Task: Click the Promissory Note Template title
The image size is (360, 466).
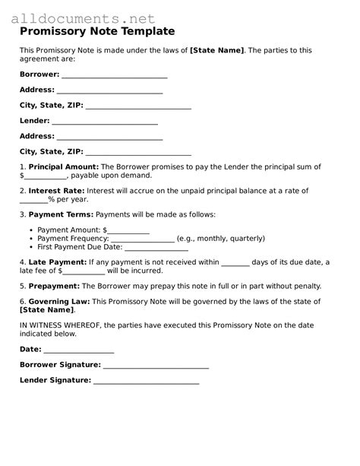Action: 97,32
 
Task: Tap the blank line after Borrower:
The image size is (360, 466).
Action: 114,76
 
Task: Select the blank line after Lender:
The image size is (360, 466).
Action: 105,121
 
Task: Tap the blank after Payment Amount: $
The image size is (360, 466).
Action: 128,230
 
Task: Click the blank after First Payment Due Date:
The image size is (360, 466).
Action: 156,248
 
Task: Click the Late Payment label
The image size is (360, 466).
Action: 58,262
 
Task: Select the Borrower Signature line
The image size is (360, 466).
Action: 156,366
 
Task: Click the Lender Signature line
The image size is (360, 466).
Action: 146,382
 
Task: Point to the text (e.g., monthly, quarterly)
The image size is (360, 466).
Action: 221,239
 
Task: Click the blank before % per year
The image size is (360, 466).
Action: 33,200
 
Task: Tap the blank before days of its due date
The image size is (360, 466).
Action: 235,263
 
